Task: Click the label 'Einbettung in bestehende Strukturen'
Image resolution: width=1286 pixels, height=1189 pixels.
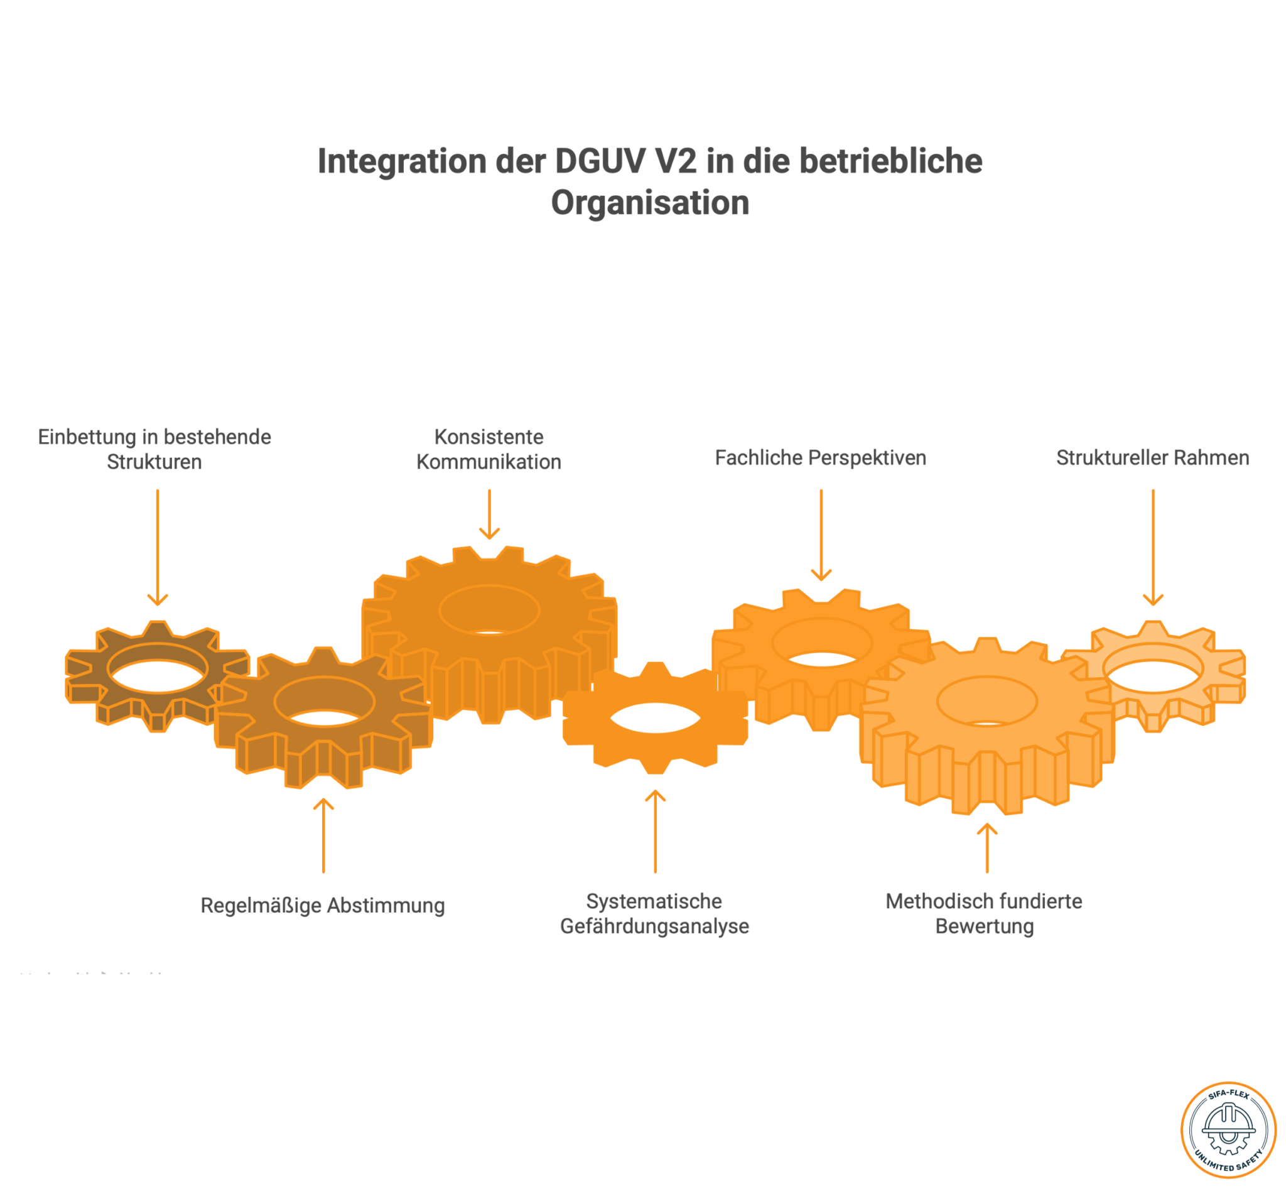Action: click(x=154, y=449)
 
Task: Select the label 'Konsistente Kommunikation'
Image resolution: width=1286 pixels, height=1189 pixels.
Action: click(x=489, y=449)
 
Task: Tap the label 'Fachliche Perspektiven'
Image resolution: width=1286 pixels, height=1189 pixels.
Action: click(x=820, y=457)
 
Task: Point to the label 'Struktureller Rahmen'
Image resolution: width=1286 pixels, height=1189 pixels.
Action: click(x=1152, y=457)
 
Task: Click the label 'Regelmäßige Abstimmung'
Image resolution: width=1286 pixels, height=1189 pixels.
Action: click(x=322, y=905)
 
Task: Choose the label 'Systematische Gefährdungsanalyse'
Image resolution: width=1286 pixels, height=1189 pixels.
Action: click(x=654, y=914)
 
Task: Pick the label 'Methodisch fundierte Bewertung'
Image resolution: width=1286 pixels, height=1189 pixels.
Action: click(x=985, y=914)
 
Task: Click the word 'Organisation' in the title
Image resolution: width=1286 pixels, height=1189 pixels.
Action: click(x=651, y=203)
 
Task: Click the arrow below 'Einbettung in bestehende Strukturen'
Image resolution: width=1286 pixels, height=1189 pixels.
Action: click(x=158, y=548)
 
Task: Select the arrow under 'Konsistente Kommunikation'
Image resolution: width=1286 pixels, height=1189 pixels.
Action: click(x=490, y=514)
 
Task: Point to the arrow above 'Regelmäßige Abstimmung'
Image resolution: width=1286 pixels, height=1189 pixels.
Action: click(x=323, y=836)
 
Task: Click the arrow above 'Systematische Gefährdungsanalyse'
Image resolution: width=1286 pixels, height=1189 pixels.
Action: click(x=656, y=831)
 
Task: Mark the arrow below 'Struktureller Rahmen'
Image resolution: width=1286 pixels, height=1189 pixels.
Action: click(x=1153, y=548)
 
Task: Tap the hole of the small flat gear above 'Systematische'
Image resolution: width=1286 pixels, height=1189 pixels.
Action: click(x=655, y=718)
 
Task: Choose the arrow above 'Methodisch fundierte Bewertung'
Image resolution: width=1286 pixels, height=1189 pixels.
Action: click(x=988, y=848)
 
